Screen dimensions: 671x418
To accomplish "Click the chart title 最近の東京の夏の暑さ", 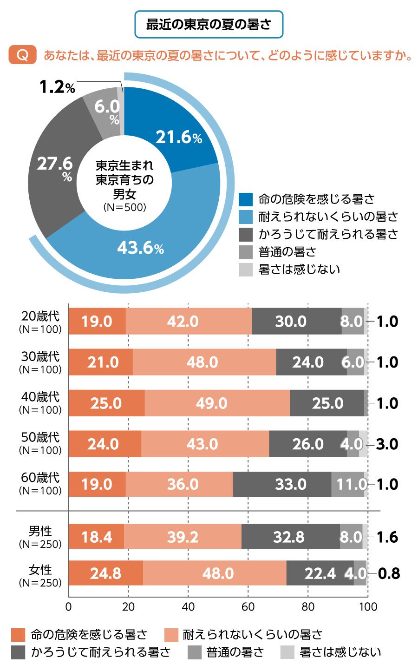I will coord(209,24).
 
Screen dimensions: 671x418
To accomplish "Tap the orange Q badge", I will coord(22,55).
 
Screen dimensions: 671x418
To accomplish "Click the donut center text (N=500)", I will coord(124,207).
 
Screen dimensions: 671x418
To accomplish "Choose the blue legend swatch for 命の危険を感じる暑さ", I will coord(245,199).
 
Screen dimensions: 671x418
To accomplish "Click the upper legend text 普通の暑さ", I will coord(287,252).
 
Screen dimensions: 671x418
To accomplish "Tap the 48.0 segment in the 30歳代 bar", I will coord(202,362).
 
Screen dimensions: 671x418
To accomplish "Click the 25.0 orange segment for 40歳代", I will coord(106,403).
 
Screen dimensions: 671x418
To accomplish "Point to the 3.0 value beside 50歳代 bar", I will coord(387,444).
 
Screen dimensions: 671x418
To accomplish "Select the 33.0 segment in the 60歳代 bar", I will coord(290,484).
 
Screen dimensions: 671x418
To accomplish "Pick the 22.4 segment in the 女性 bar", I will coord(320,573).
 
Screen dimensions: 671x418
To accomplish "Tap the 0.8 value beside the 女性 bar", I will coord(389,573).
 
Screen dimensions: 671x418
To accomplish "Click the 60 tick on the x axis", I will coord(248,606).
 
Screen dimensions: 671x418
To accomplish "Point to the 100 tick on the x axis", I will coord(368,606).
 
